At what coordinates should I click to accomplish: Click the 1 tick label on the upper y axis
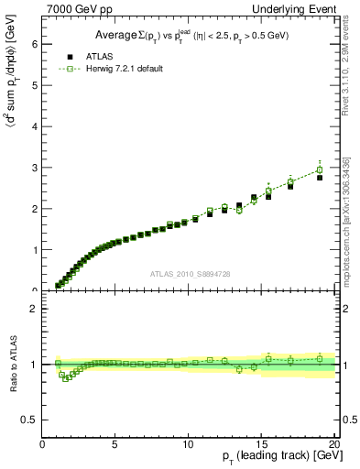tap(35, 250)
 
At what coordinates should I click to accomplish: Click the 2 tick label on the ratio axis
tap(35, 309)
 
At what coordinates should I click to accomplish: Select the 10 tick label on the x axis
tap(188, 445)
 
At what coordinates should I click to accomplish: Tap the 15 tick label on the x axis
tap(261, 445)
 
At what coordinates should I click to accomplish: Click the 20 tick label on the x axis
tap(333, 445)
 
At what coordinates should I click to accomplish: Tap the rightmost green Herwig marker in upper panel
tap(320, 169)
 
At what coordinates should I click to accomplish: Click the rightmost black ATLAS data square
tap(320, 178)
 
